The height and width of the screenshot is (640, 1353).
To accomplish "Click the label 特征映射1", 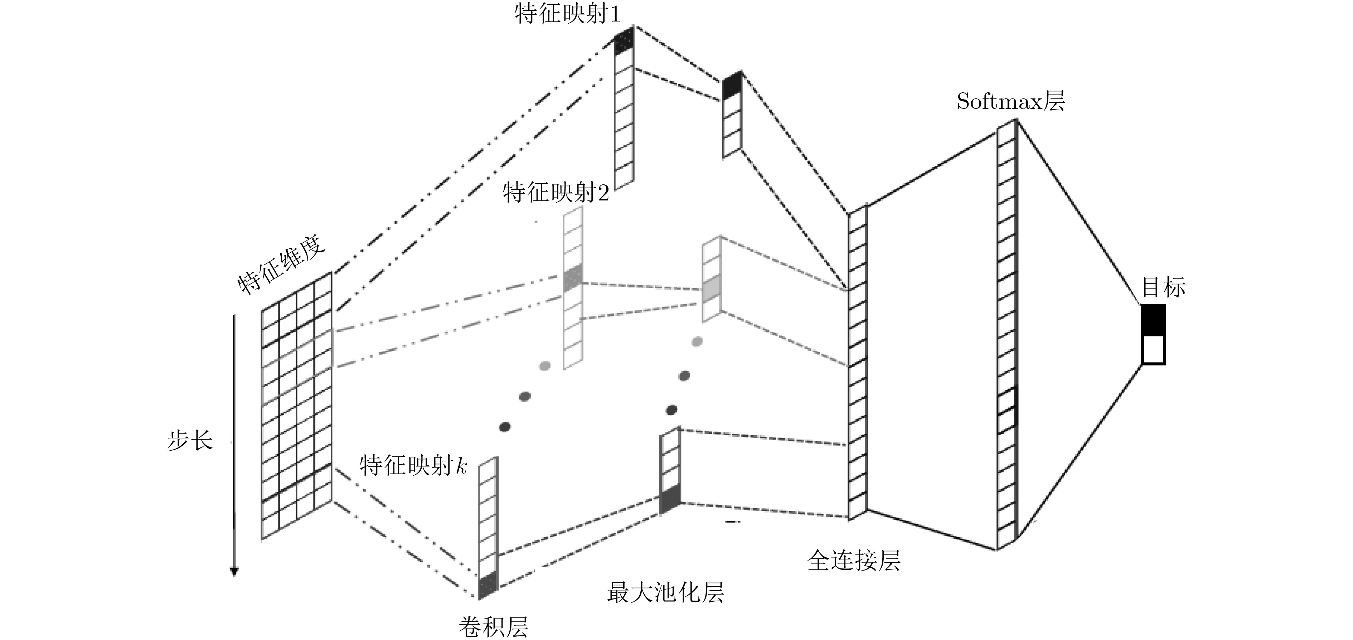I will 567,14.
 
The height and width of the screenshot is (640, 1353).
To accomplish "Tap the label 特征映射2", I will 556,193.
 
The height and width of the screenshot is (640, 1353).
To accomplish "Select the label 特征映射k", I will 413,466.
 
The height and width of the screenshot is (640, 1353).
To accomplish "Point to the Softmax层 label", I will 1010,101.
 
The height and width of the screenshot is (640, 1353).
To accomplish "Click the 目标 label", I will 1163,287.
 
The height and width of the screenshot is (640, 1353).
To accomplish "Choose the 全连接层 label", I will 854,561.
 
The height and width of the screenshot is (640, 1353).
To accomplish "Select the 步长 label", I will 190,440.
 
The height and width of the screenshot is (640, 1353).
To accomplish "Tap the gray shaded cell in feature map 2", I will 572,279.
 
